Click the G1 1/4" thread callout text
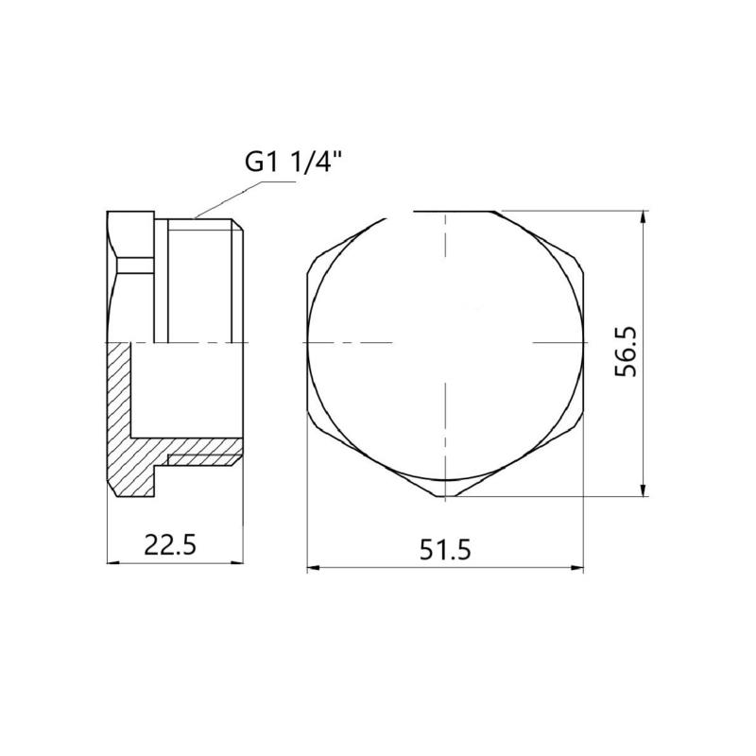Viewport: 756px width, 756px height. (295, 163)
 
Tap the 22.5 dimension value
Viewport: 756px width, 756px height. (170, 545)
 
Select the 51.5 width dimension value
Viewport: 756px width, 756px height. (444, 550)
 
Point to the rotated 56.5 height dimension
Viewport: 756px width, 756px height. (626, 352)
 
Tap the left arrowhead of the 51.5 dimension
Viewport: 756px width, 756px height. (314, 568)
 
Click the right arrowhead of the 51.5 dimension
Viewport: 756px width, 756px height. (577, 568)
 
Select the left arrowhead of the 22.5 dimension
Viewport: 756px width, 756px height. (112, 562)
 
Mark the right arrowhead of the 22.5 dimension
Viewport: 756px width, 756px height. (237, 562)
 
